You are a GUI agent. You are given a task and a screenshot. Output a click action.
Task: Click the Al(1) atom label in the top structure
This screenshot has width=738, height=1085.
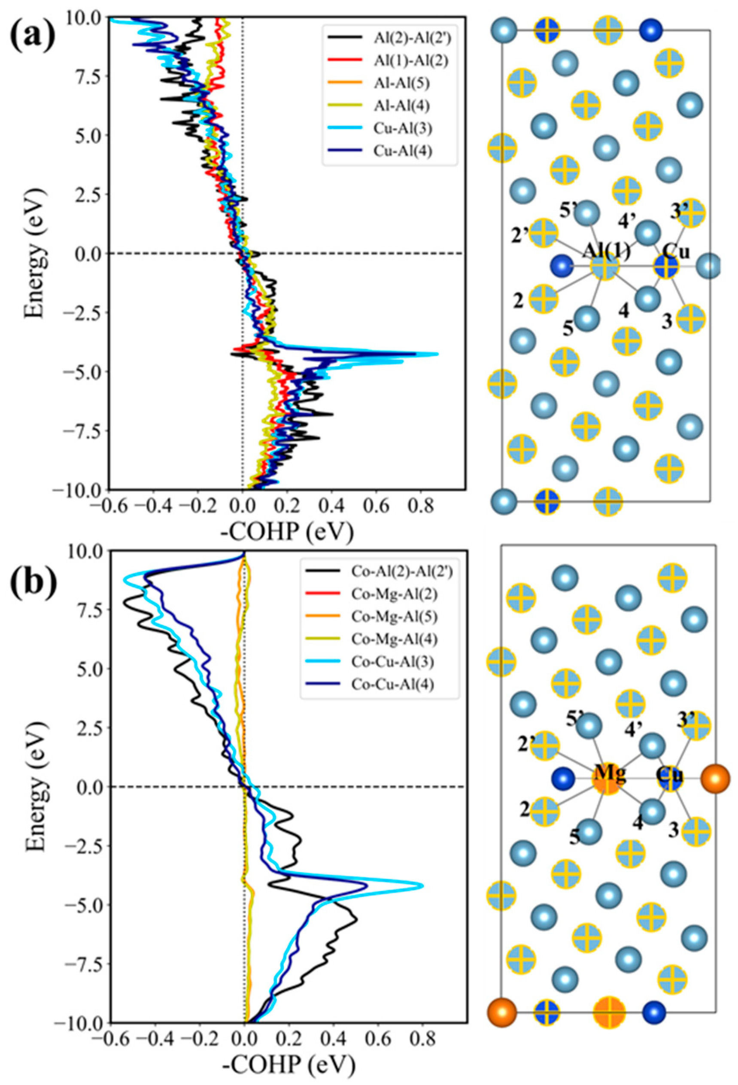(x=605, y=252)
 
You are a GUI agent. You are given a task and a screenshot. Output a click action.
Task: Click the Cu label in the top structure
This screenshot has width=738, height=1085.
(x=676, y=252)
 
